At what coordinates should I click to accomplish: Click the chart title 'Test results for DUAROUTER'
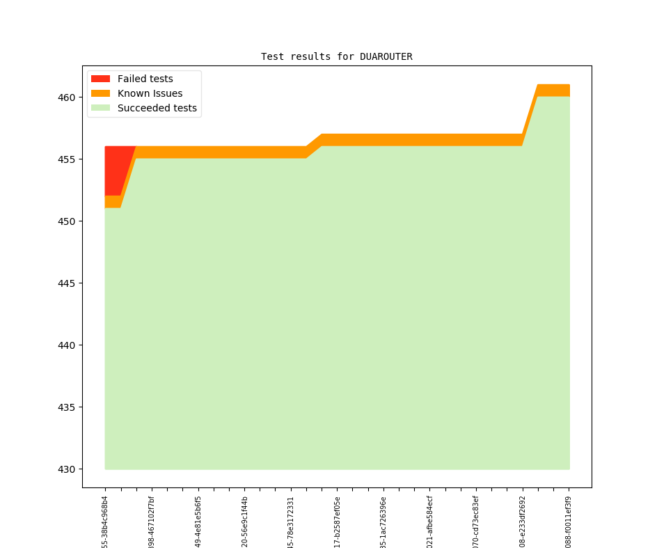(336, 56)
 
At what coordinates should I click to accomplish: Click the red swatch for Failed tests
(100, 79)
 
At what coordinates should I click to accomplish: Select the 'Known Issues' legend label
(150, 93)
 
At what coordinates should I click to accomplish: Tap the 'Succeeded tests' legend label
(157, 108)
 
